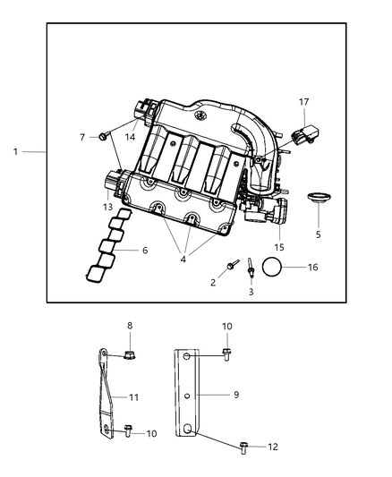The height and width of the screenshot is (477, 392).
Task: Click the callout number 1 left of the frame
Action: click(15, 151)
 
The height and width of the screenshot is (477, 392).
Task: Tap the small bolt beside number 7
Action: click(104, 136)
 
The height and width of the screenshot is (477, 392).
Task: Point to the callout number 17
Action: click(304, 102)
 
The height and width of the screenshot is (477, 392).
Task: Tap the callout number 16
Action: click(311, 267)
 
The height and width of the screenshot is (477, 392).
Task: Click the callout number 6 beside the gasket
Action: click(145, 251)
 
